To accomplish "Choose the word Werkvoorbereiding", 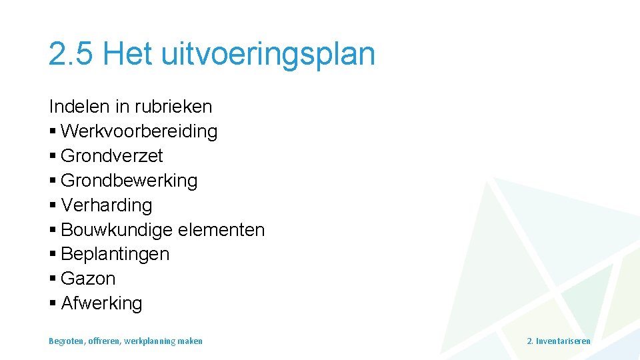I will click(139, 131).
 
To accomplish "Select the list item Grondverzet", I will click(111, 156).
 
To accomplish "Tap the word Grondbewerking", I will click(129, 181).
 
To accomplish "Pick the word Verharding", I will click(107, 205).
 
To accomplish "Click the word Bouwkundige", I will click(117, 230).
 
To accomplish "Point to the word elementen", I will click(221, 230).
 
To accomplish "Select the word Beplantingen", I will click(115, 254).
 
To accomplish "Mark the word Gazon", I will click(88, 279).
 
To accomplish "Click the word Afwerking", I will click(101, 303).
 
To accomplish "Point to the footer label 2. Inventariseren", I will click(559, 341).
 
